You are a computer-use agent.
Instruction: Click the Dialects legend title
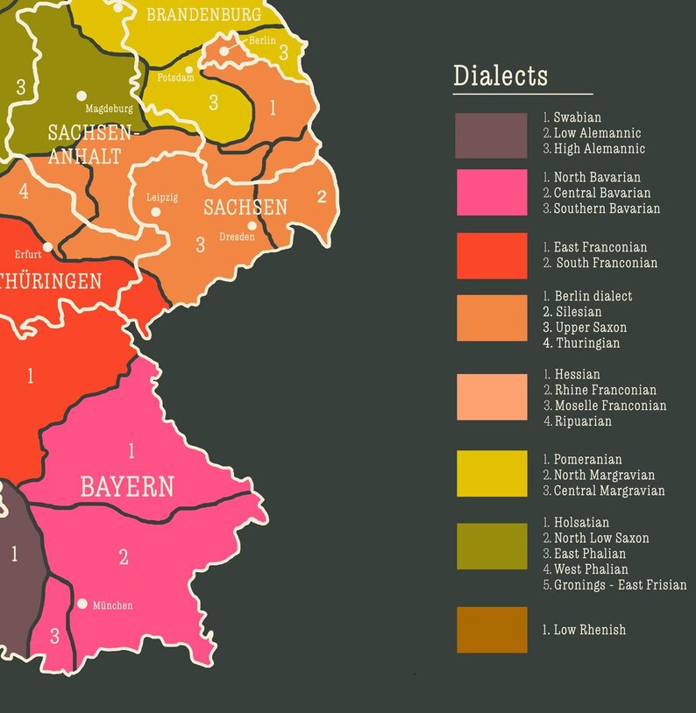[500, 75]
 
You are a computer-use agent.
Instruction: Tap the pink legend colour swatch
[491, 192]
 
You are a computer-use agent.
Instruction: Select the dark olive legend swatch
[491, 546]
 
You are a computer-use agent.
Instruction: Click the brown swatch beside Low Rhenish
[491, 630]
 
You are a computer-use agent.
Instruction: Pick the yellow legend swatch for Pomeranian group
[491, 474]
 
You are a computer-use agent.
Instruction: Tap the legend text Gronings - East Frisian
[620, 585]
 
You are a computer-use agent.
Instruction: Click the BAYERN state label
[127, 487]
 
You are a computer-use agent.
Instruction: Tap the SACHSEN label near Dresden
[245, 208]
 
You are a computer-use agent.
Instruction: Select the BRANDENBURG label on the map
[203, 15]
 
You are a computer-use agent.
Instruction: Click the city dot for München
[82, 604]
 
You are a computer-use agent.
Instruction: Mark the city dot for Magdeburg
[82, 95]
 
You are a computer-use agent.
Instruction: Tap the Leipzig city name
[162, 197]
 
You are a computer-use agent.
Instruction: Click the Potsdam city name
[175, 78]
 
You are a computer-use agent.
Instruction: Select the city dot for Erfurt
[47, 247]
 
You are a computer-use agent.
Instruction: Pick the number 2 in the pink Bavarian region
[124, 556]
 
